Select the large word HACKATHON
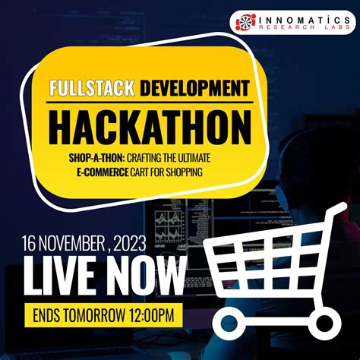(x=150, y=128)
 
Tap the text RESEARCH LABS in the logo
(x=301, y=31)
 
